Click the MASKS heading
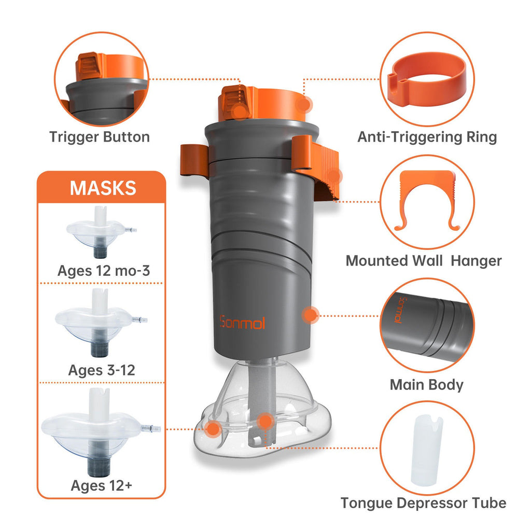103,187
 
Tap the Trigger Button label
100,137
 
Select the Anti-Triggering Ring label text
427,137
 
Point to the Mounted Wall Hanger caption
424,260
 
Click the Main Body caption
426,385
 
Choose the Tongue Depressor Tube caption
423,502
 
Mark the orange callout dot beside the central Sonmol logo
311,314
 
